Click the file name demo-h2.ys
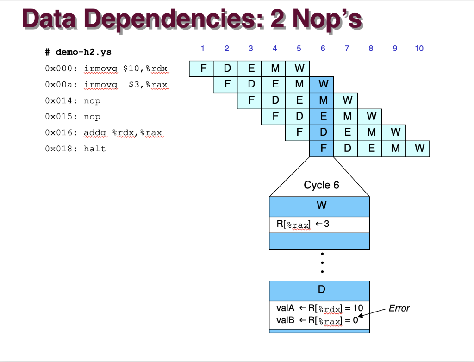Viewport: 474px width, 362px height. coord(84,52)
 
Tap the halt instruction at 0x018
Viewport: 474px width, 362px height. coord(94,149)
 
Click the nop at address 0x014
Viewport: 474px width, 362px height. coord(92,101)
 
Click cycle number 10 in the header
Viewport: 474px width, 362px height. coord(419,48)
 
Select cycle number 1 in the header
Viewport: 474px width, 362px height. coord(202,48)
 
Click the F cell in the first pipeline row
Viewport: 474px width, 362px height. coord(202,69)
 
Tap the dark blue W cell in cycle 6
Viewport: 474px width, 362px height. coord(323,84)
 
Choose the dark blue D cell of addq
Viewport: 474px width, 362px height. coord(323,132)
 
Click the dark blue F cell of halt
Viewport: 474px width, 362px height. coord(323,149)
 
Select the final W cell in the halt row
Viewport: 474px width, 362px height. coord(419,149)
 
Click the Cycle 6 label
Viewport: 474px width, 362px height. coord(321,185)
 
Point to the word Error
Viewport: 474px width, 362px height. coord(399,308)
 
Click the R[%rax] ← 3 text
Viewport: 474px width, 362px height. coord(303,225)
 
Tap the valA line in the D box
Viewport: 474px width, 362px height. coord(319,308)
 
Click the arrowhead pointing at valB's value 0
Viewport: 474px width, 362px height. coord(360,317)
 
